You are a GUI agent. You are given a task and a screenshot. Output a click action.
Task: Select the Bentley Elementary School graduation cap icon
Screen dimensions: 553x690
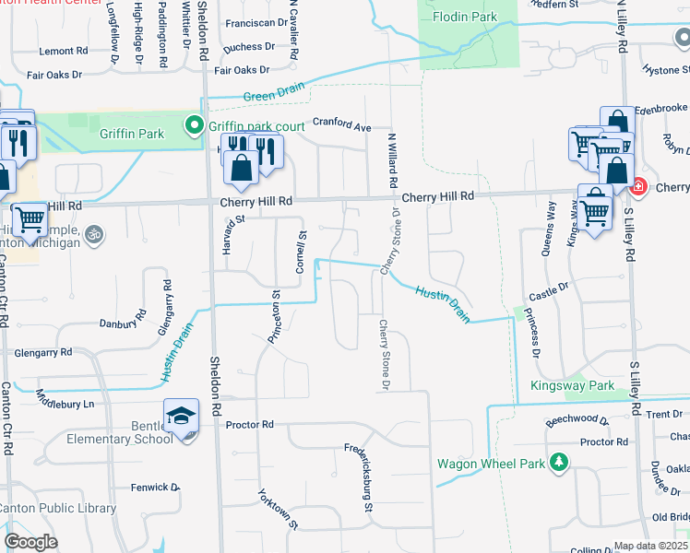point(181,417)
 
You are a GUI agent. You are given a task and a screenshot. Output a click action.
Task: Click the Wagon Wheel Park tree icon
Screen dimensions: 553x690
point(557,461)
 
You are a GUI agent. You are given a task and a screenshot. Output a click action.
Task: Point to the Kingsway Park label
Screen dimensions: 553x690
point(571,385)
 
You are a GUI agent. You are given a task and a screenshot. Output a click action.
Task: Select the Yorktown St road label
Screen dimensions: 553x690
point(278,508)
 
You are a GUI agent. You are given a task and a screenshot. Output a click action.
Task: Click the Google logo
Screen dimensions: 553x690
point(30,541)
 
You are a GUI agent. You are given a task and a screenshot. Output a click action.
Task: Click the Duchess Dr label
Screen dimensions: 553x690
point(250,46)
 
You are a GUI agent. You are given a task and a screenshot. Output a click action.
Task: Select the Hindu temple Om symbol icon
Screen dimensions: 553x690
point(91,233)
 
